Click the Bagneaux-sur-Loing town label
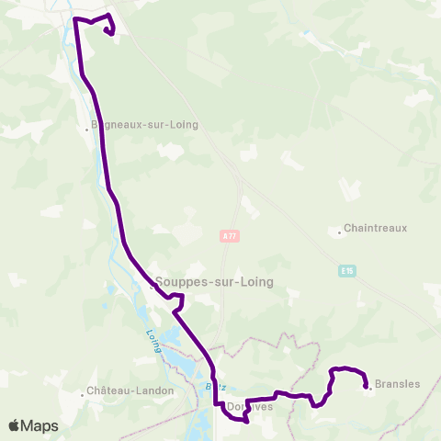point(147,127)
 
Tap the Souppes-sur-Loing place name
point(214,283)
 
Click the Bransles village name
point(399,385)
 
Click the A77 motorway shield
point(230,236)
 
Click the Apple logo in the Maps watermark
point(14,425)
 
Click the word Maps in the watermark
point(40,426)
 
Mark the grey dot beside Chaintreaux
point(339,232)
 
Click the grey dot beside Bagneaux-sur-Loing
point(87,130)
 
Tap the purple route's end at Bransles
point(367,385)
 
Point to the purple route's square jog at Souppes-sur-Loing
point(178,299)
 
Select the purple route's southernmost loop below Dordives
point(246,420)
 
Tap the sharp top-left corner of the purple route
point(73,18)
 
